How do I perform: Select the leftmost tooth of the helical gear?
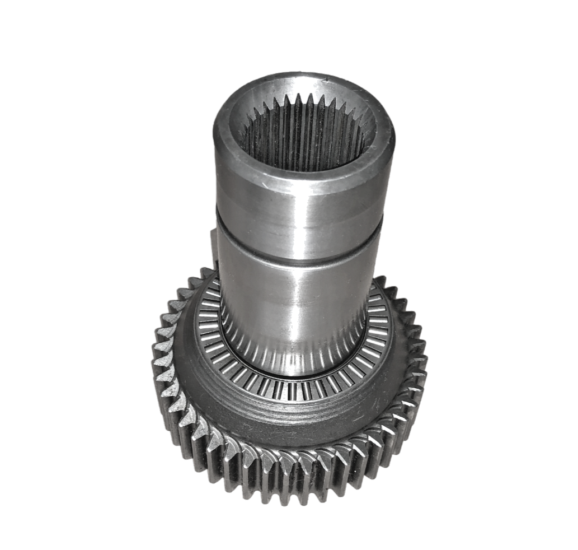160,358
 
